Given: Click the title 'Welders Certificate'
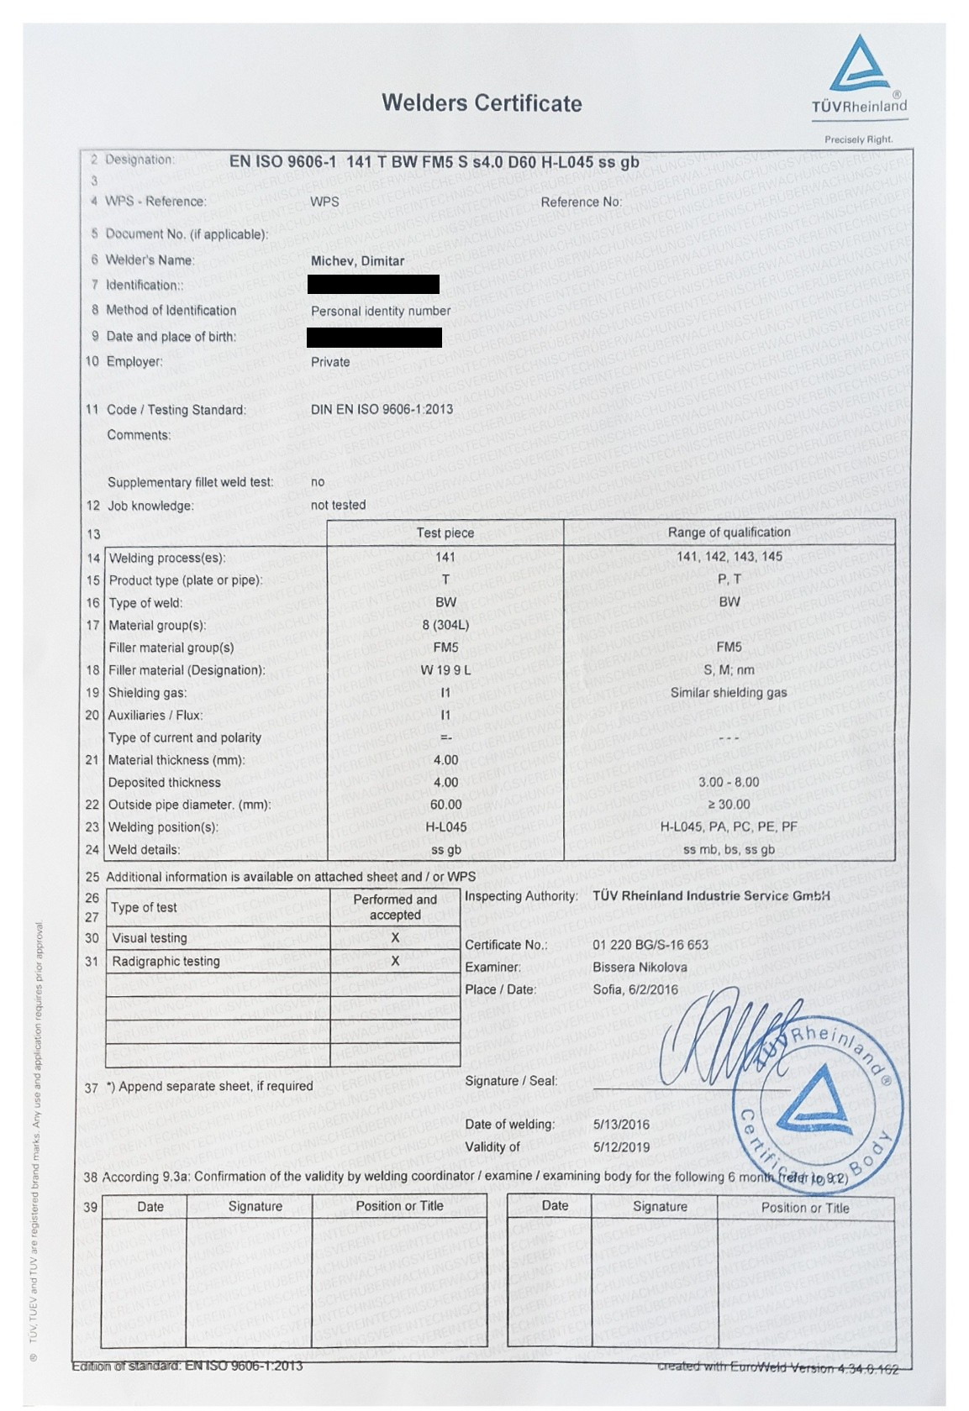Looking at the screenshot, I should (482, 103).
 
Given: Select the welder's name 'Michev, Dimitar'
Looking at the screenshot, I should (357, 261).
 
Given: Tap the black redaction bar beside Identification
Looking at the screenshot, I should (373, 285).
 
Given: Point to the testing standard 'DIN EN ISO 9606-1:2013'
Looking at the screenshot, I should (382, 410).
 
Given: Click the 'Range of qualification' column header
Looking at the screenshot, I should (729, 532).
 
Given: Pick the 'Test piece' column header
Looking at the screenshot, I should (445, 533).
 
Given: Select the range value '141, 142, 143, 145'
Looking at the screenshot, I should (729, 557).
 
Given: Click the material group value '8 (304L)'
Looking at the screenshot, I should (445, 626).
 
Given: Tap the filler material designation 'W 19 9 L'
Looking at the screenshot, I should (445, 670).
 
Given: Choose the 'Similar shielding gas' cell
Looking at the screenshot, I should (729, 693).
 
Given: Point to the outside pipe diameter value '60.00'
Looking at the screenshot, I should (445, 805).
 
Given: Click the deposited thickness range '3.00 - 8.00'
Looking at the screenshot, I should (729, 782).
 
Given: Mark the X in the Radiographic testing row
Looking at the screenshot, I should (395, 961).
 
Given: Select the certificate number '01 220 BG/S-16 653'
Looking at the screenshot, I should (650, 945).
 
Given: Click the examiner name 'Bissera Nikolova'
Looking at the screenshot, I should (640, 968).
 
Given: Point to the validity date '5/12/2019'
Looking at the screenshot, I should (621, 1147).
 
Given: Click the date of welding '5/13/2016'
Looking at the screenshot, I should (621, 1125).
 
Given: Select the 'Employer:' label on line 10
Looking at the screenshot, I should (134, 362).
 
